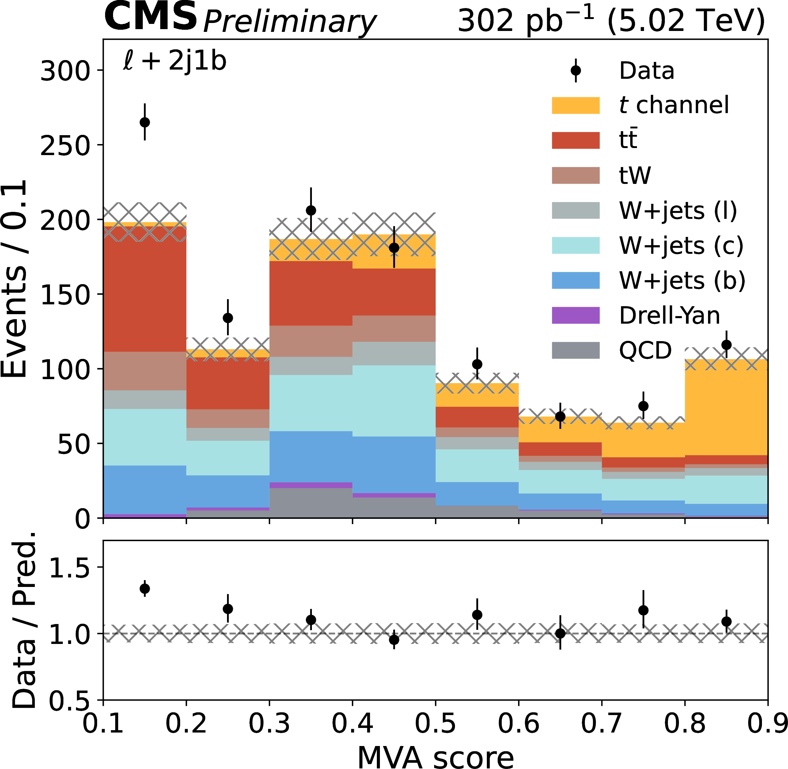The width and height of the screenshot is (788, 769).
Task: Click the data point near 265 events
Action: click(145, 122)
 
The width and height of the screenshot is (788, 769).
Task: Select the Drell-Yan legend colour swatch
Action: click(575, 315)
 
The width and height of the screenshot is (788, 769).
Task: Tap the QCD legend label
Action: click(645, 350)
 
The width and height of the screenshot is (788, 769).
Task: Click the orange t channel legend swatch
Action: click(575, 105)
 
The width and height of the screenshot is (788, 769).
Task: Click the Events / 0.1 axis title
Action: click(14, 279)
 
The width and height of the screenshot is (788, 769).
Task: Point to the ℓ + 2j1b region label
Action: click(174, 61)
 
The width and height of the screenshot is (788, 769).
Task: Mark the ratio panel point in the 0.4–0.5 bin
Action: click(394, 640)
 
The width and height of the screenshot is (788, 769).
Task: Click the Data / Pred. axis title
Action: click(24, 620)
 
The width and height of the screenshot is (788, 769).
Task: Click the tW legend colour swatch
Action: click(575, 175)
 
